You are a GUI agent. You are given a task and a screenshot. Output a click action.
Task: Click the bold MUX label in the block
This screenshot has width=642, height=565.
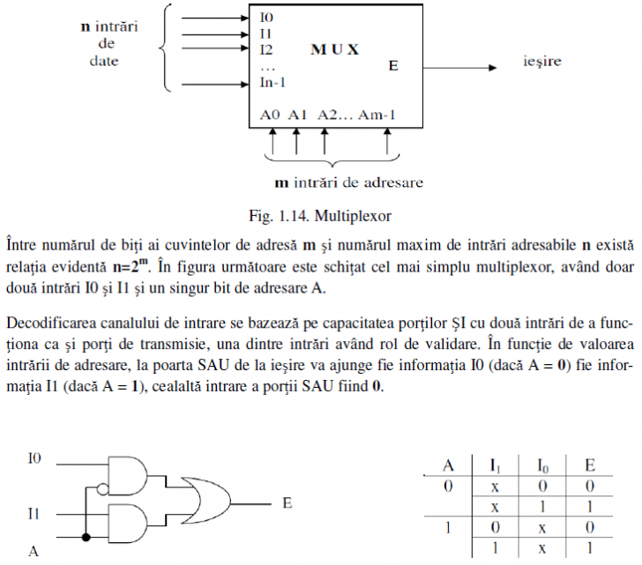pos(334,49)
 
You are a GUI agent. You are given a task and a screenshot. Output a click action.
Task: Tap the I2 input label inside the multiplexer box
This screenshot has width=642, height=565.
pos(266,50)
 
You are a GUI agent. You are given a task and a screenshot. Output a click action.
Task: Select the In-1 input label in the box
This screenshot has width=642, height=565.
pos(272,82)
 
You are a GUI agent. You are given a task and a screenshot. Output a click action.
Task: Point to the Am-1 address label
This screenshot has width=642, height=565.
pos(377,115)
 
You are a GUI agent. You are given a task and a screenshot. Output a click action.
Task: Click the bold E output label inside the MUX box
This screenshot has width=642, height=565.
pos(393,65)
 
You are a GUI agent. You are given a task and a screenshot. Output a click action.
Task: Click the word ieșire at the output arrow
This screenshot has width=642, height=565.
pos(542,62)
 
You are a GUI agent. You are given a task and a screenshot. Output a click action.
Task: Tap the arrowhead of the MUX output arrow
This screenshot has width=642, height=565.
pos(493,68)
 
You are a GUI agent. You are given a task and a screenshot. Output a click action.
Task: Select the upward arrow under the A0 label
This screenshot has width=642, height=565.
pos(272,141)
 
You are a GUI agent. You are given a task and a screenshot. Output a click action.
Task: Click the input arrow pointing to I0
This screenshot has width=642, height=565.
pos(215,18)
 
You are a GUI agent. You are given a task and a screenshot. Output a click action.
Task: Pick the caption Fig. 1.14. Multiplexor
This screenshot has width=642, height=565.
pos(320,216)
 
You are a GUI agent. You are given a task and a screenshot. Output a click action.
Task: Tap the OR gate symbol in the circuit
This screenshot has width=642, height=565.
pos(206,501)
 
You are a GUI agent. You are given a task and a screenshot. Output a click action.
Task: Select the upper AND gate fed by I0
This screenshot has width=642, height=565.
pos(127,476)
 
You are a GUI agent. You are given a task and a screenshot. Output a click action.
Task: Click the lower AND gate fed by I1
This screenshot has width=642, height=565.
pos(127,524)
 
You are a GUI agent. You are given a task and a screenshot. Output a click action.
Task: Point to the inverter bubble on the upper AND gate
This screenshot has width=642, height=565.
pos(103,488)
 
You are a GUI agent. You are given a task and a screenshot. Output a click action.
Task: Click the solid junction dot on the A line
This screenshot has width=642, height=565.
pos(86,537)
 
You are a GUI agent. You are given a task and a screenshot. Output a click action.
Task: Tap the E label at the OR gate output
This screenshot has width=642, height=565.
pos(287,502)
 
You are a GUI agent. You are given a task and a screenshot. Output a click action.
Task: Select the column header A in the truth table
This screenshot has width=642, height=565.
pos(448,465)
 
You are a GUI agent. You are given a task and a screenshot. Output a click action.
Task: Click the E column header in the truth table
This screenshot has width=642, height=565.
pos(590,465)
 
